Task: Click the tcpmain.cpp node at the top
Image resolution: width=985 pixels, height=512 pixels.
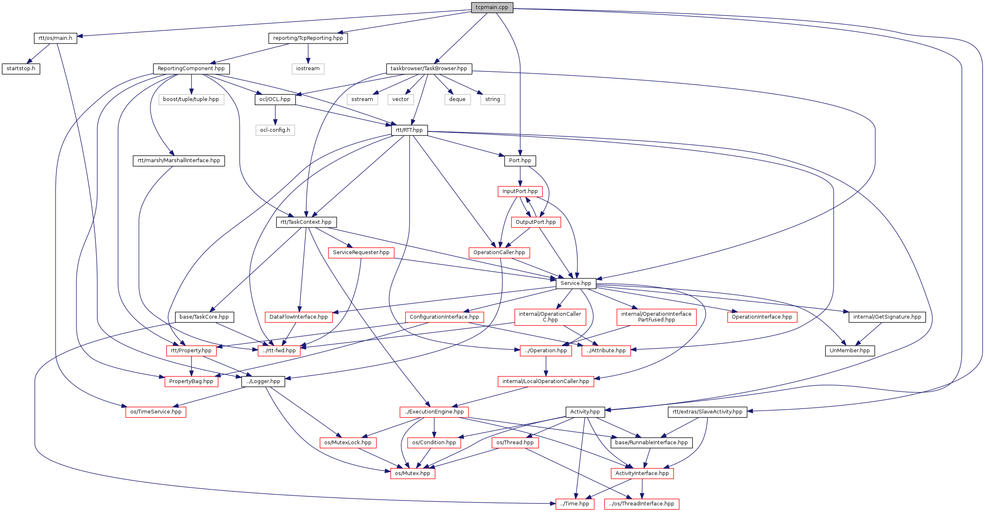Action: click(492, 7)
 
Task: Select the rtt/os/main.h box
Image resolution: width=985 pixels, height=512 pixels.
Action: click(55, 38)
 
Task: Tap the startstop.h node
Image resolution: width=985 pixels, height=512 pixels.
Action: click(21, 69)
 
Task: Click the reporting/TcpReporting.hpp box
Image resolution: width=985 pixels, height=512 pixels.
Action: click(308, 38)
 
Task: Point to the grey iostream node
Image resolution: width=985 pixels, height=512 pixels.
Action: click(308, 69)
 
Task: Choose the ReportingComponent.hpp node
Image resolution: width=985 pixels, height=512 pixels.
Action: click(191, 69)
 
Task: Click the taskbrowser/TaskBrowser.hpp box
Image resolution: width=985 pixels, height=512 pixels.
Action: click(429, 69)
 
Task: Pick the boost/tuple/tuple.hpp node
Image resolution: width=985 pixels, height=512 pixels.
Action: click(191, 99)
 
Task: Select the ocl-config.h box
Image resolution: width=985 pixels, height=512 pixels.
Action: click(275, 130)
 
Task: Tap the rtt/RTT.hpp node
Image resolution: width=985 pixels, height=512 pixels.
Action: click(409, 130)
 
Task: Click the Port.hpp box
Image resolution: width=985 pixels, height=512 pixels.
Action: click(520, 161)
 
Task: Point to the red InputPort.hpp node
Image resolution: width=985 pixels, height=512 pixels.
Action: click(520, 191)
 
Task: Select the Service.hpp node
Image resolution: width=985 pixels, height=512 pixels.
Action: click(576, 283)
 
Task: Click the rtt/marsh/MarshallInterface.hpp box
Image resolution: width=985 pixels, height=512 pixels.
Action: click(179, 161)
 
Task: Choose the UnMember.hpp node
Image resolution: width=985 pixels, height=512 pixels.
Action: click(849, 351)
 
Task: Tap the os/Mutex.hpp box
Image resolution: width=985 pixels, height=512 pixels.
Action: click(412, 473)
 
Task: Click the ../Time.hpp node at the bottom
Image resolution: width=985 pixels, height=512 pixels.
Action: click(574, 504)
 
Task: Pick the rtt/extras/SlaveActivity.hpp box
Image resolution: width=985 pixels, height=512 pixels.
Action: click(707, 412)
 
